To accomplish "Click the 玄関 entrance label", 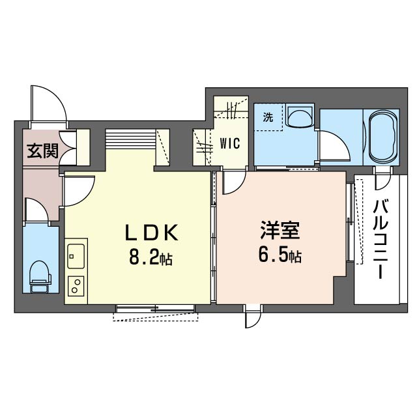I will click(x=43, y=151).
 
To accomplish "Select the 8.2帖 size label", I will click(x=151, y=258).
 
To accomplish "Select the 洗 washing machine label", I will click(x=267, y=118).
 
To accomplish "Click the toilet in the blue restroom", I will click(x=40, y=276).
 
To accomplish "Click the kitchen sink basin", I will click(x=76, y=255).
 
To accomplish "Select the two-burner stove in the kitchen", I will click(x=76, y=285).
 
